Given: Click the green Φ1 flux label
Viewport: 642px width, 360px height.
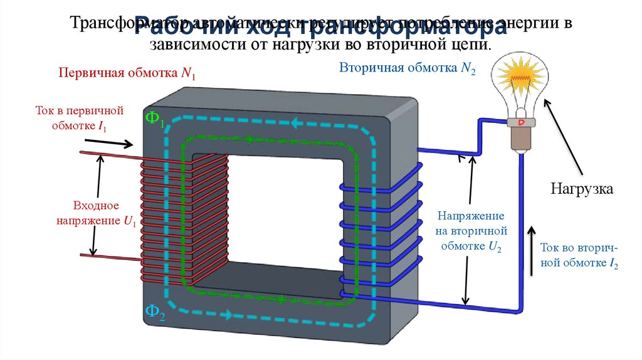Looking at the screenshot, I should [x=154, y=119].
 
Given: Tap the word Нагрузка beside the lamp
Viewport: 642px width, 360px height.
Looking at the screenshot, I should [x=581, y=188].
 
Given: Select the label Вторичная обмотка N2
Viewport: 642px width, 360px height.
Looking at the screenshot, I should [x=408, y=68].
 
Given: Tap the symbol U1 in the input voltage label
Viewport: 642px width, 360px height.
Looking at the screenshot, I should [x=130, y=221].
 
